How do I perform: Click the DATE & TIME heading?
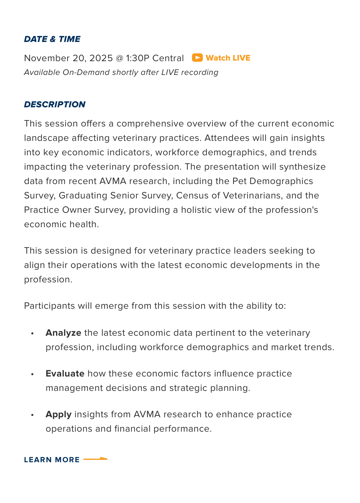[x=52, y=39]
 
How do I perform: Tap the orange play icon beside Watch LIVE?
[x=197, y=58]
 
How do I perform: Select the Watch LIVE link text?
[x=228, y=58]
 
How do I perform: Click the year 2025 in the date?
[x=101, y=58]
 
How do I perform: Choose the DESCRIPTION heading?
[x=55, y=104]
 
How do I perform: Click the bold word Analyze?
[x=63, y=333]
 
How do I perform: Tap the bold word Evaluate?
[x=65, y=374]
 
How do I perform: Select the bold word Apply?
[x=58, y=414]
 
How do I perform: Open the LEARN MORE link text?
[x=52, y=460]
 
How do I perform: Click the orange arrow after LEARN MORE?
[x=95, y=459]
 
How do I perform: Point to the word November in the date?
[x=47, y=58]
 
